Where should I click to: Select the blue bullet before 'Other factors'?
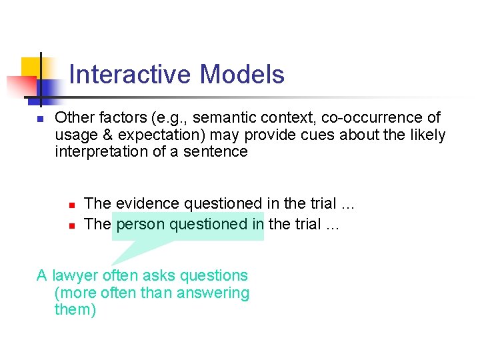pyautogui.click(x=40, y=119)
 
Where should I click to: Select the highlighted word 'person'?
pyautogui.click(x=141, y=225)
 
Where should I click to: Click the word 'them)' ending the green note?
pyautogui.click(x=75, y=311)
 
